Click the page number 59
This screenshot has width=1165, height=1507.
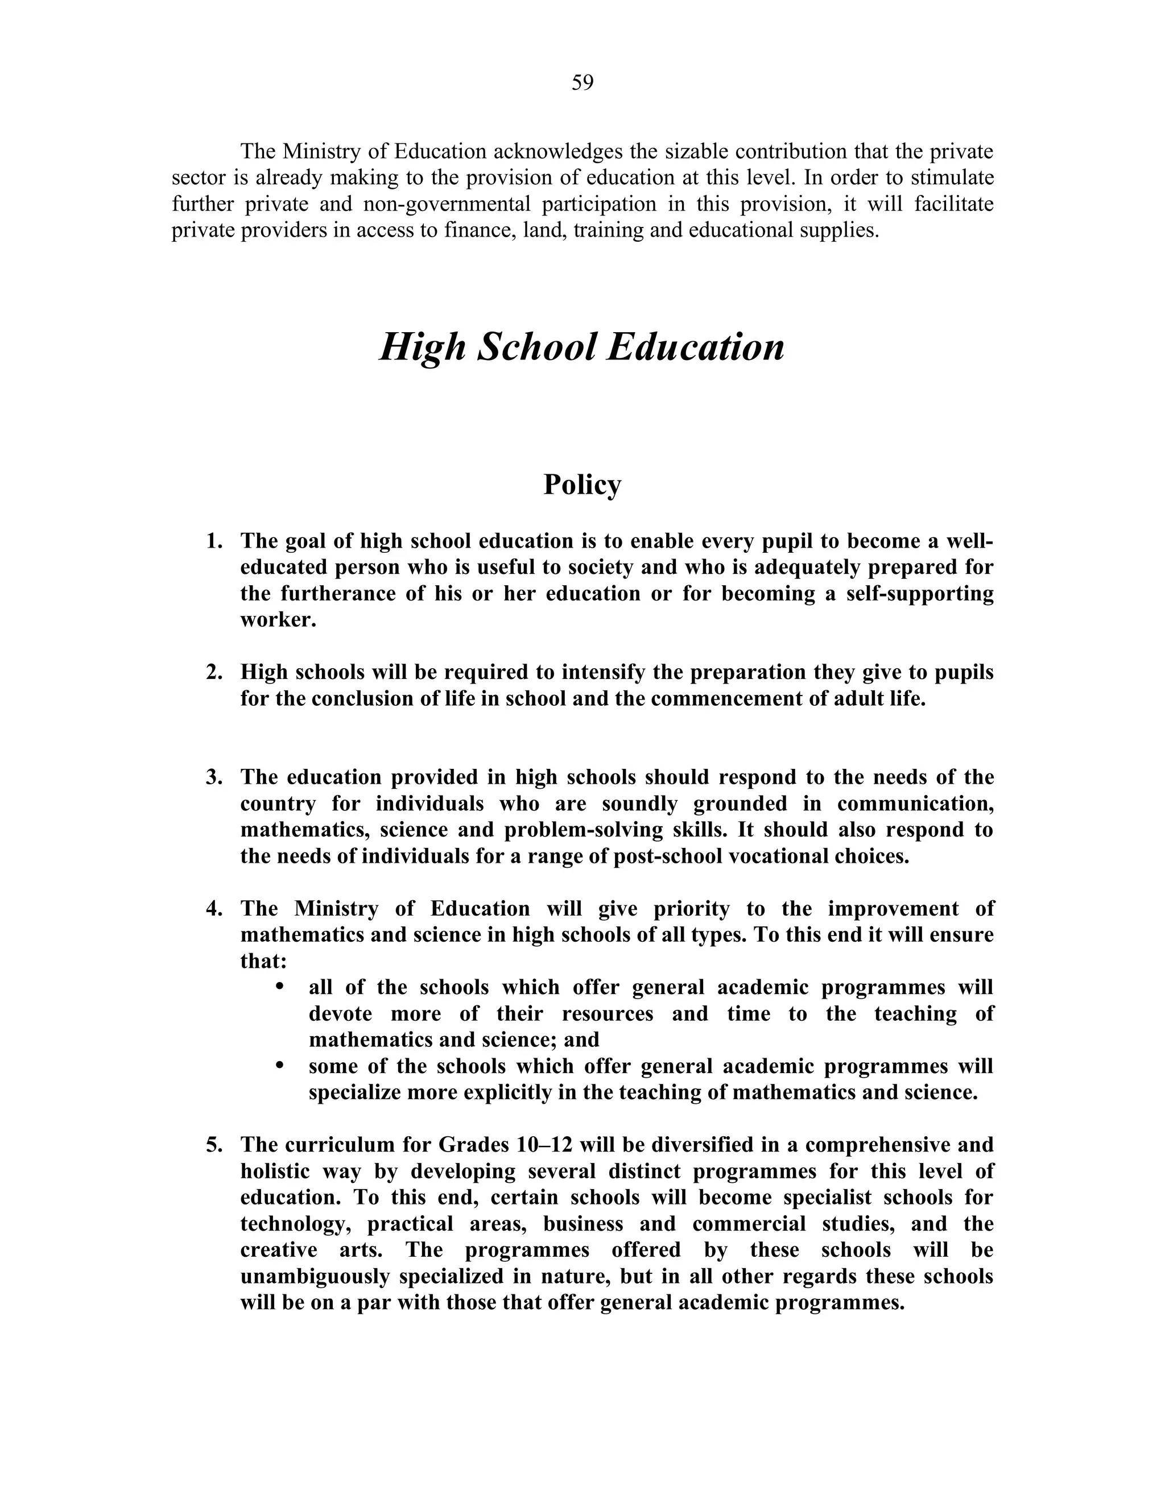[x=582, y=83]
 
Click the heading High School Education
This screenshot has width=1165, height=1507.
[x=582, y=347]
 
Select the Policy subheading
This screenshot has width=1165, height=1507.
[x=582, y=485]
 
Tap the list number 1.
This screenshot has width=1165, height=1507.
[x=213, y=541]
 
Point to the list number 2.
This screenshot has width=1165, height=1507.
[x=213, y=672]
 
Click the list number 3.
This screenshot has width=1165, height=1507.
[x=213, y=777]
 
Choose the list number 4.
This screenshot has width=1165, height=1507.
[x=213, y=909]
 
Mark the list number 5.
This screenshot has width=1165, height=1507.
[x=213, y=1145]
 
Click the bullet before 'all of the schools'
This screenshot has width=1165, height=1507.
[x=279, y=987]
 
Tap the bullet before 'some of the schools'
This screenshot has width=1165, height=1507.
[x=279, y=1066]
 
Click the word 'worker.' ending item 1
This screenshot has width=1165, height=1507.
[x=278, y=620]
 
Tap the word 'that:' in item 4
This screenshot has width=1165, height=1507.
[x=263, y=961]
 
